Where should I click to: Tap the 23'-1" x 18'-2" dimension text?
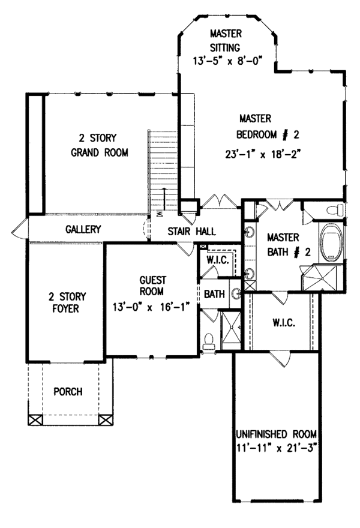tap(263, 154)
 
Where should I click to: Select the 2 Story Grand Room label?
tap(100, 145)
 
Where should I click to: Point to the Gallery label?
tap(83, 229)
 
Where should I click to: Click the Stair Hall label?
tap(191, 232)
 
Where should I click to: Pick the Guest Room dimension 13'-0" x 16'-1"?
tap(151, 307)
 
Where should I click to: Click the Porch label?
tap(68, 392)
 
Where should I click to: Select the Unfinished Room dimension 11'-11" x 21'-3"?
tap(277, 449)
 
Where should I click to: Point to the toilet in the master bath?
tap(334, 210)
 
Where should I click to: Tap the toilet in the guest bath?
tap(209, 341)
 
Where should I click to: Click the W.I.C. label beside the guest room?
tap(218, 260)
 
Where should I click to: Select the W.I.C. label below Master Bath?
tap(284, 323)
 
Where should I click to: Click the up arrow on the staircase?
tap(164, 199)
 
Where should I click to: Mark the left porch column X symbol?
tap(35, 420)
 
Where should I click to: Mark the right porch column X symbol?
tap(106, 420)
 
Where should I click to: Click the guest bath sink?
tap(236, 293)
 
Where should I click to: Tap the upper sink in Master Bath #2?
tap(249, 232)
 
